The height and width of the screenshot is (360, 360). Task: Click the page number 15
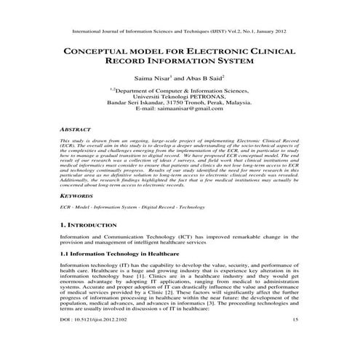pos(295,340)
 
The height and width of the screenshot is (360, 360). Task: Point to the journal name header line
pos(180,32)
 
